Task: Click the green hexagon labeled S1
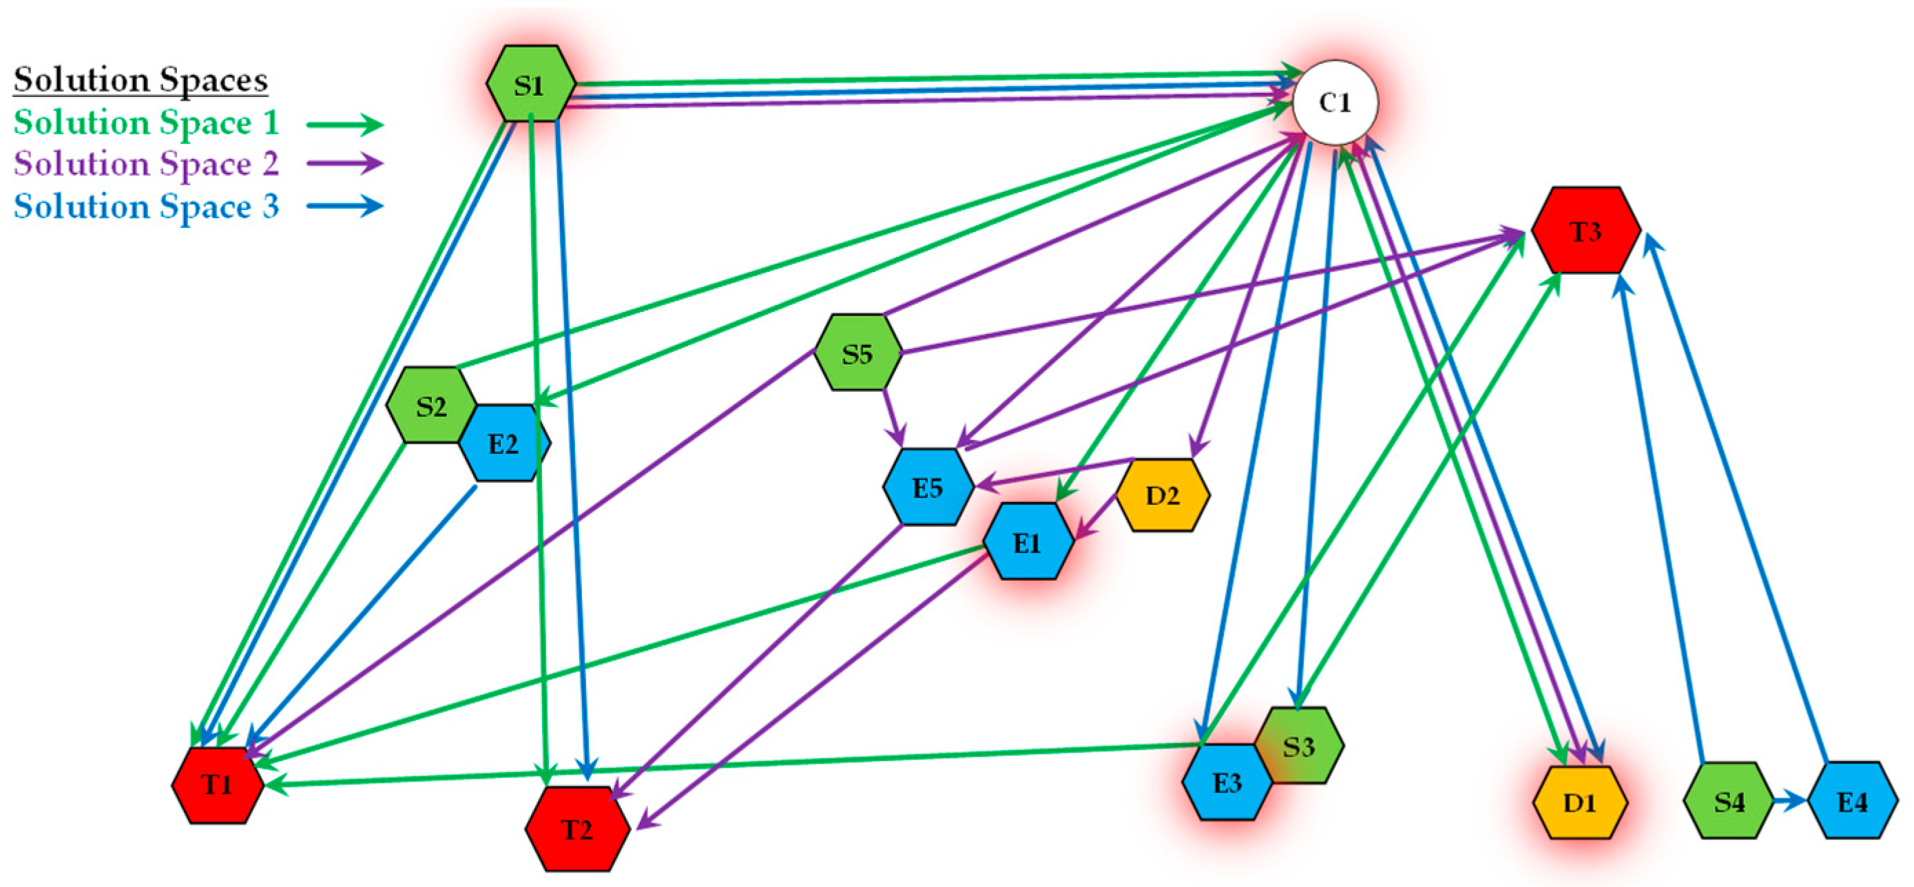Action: point(530,84)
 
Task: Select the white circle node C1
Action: point(1335,103)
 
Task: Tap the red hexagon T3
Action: point(1585,231)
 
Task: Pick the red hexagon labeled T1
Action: point(217,785)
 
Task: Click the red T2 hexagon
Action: point(577,829)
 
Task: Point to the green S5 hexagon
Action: point(857,352)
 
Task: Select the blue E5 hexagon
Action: point(927,488)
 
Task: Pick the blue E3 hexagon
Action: point(1225,783)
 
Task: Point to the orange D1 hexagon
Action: point(1580,802)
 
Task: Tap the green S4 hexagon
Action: point(1728,801)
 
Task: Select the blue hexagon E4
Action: point(1851,801)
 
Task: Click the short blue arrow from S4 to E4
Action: point(1789,801)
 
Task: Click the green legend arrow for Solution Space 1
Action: point(345,124)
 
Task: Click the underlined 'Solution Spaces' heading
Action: point(141,79)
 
